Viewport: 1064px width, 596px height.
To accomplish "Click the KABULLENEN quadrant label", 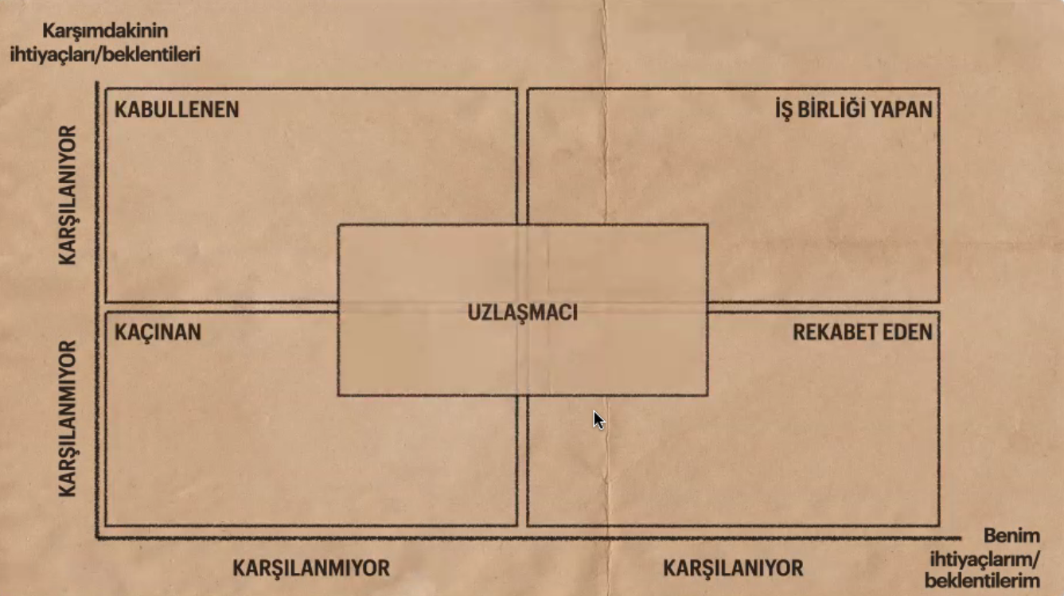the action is point(177,109).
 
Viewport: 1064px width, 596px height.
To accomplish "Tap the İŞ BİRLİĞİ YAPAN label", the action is point(854,109).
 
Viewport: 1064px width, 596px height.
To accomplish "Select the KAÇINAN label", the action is point(158,331).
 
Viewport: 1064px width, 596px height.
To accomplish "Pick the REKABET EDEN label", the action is point(863,331).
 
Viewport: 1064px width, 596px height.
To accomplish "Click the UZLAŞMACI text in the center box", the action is point(522,312).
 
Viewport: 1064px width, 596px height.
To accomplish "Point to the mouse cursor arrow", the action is point(598,419).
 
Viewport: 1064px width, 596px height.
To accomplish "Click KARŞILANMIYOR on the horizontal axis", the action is point(311,568).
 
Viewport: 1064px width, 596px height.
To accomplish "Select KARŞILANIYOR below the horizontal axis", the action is point(733,568).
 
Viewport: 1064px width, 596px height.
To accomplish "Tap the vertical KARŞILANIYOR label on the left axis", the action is point(68,195).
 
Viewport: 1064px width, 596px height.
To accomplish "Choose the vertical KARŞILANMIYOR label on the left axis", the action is point(68,419).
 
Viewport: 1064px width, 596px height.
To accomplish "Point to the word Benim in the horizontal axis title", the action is point(1011,536).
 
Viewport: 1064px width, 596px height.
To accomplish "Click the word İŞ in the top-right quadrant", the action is point(786,109).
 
